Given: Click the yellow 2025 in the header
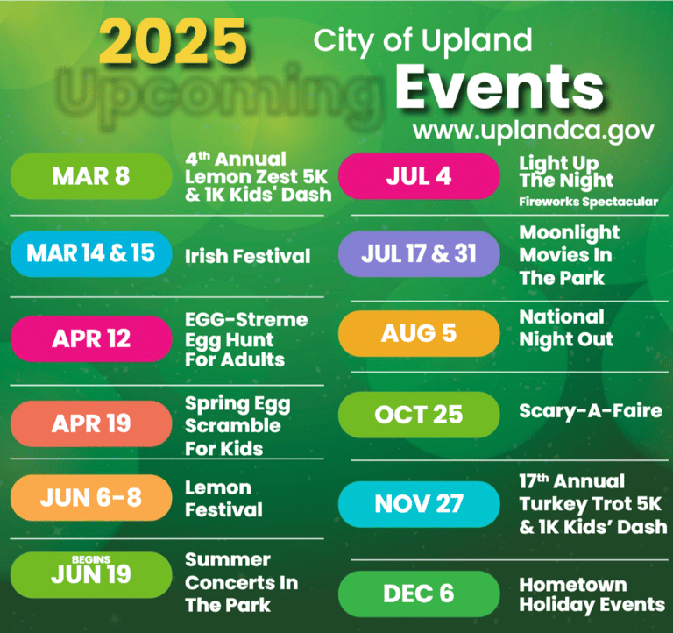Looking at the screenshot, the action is (173, 42).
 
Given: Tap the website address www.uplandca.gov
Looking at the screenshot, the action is (533, 131).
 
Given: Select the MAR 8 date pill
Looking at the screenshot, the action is (91, 176).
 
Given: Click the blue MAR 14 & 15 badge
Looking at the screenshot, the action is (91, 253).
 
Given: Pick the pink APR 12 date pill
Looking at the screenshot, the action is (91, 338).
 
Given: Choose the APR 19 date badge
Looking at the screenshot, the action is (91, 423).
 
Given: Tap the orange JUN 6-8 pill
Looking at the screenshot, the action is (91, 497).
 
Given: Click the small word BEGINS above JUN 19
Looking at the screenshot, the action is (91, 559).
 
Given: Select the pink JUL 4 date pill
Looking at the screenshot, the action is (419, 176).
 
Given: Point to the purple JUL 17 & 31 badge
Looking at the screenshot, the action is (419, 253).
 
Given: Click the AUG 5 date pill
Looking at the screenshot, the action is (419, 333).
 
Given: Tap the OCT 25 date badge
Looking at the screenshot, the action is (419, 415).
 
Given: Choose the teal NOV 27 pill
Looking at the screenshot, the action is (419, 504).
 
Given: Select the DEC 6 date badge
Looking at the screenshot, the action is (419, 594).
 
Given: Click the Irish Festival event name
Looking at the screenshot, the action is (248, 256).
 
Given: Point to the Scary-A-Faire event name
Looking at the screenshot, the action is (591, 411).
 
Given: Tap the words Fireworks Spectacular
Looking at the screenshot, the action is (589, 202).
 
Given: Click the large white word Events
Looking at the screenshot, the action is (499, 87).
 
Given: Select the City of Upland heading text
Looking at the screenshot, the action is (422, 41).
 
